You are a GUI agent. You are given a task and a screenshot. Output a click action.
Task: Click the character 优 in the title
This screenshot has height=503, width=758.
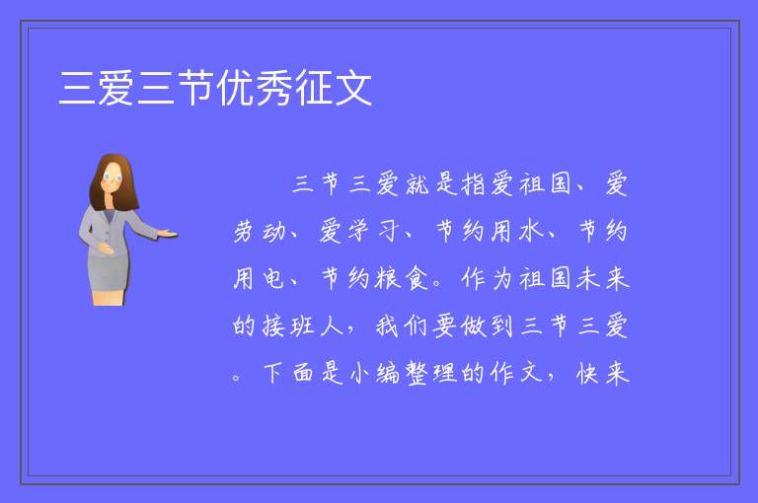point(235,88)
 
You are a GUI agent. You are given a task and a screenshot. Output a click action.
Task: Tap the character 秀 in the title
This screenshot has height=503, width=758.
point(274,88)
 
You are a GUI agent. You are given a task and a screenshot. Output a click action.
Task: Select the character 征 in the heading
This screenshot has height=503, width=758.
point(314,88)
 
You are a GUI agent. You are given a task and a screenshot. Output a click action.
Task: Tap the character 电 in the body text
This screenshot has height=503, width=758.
point(273,279)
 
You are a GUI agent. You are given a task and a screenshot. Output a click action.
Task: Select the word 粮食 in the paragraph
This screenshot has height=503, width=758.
point(403,279)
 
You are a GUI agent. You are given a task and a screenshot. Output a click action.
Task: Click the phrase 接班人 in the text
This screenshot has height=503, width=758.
point(288,325)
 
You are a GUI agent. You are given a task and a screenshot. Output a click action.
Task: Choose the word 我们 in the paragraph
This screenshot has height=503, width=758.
point(403,325)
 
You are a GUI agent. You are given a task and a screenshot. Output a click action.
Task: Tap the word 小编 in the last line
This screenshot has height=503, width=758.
point(375,374)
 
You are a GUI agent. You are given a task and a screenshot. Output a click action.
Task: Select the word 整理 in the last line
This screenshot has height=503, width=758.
point(431,374)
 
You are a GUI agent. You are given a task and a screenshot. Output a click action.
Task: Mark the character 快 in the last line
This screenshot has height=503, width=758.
point(588,374)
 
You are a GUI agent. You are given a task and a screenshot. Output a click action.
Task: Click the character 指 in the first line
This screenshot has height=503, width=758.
point(474,184)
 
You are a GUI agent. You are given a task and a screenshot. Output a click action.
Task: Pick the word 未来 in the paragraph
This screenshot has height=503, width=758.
point(603,279)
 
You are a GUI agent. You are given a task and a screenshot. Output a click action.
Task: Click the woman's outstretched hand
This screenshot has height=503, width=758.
point(167,234)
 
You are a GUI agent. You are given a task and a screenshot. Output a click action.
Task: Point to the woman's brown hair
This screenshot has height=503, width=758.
point(114,180)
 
